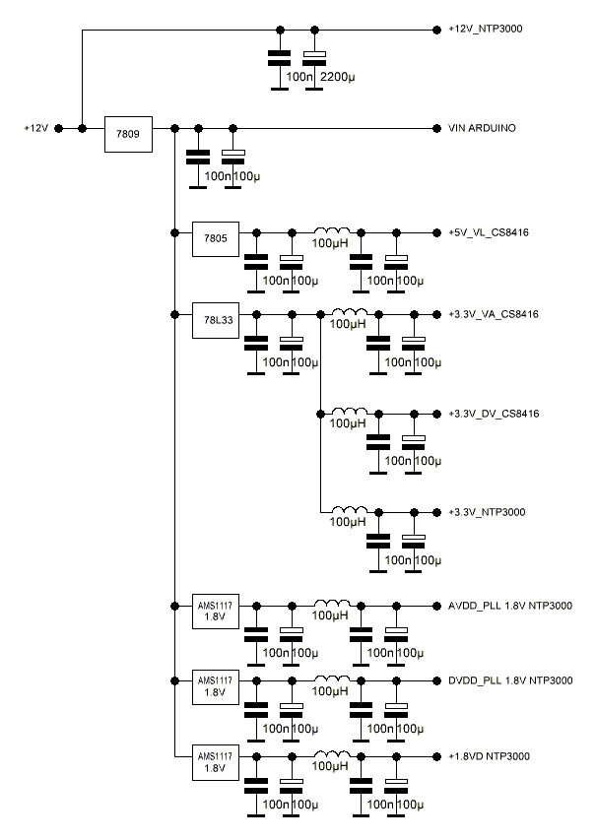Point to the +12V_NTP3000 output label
tap(485, 30)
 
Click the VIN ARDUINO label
tap(483, 129)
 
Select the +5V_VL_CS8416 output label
tap(492, 233)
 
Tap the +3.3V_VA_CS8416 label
tap(496, 315)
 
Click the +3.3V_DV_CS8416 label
tap(496, 413)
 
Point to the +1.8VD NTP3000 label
tap(489, 756)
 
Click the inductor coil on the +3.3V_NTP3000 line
tap(347, 510)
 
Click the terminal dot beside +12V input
tap(59, 129)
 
